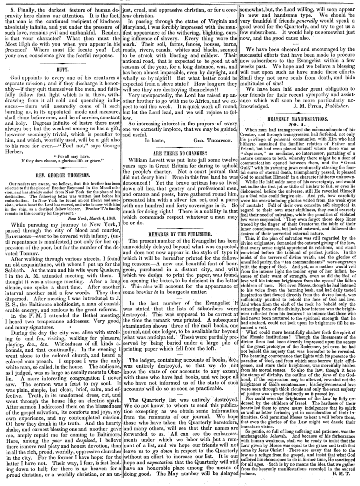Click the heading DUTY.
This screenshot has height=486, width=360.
[60, 68]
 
